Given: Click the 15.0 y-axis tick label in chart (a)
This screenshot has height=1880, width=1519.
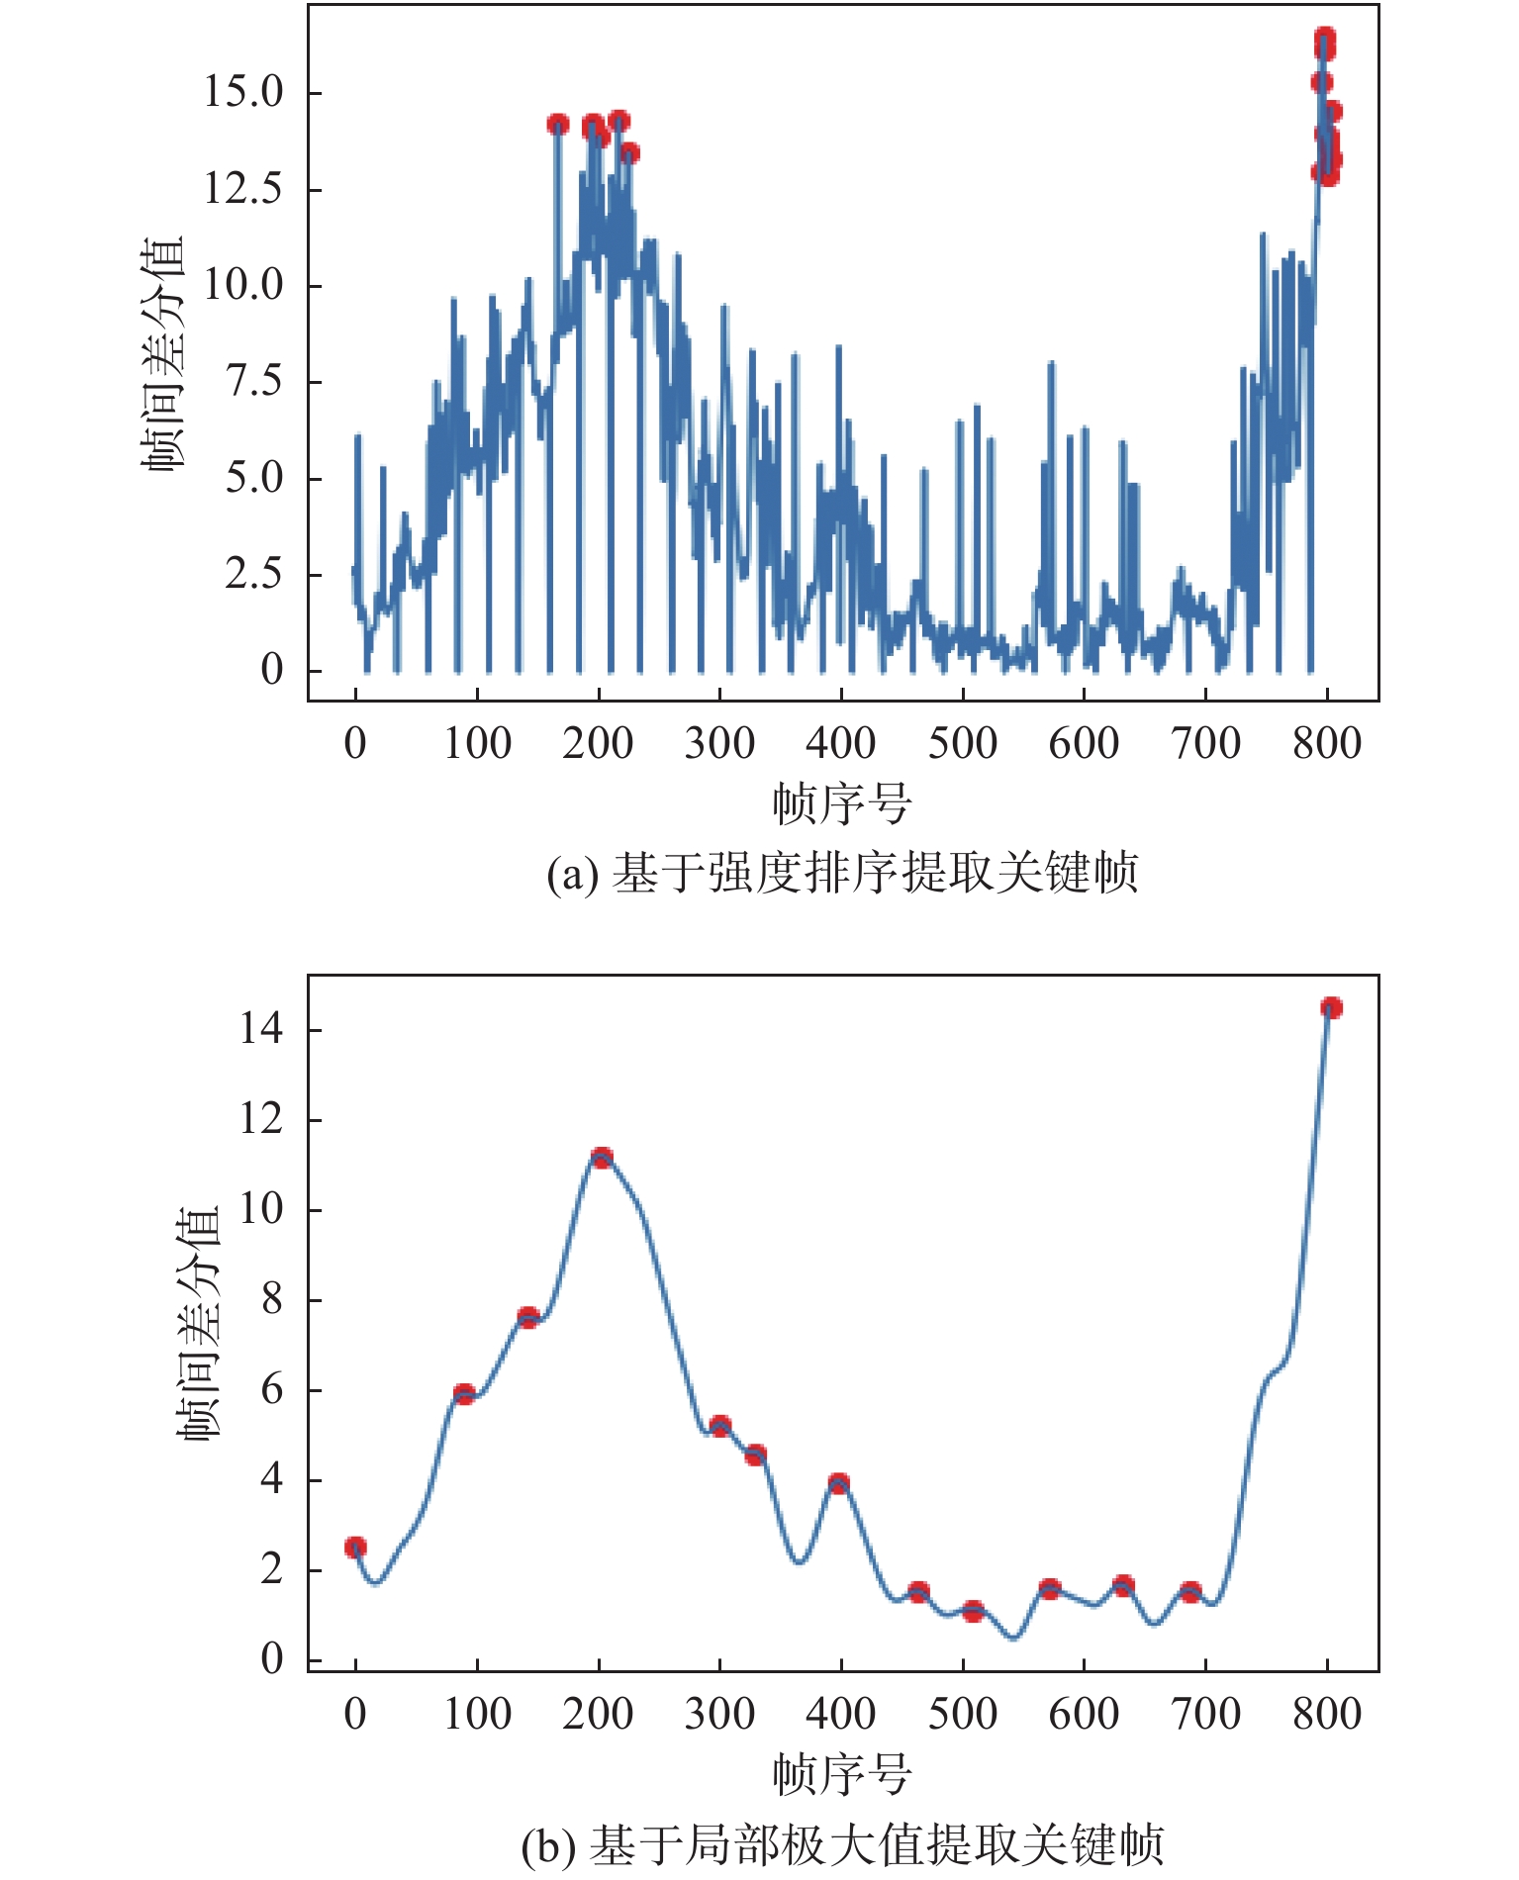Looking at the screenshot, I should coord(242,92).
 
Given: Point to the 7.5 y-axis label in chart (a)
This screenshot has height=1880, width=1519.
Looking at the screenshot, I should coord(254,381).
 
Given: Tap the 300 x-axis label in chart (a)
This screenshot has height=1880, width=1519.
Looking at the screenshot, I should coord(719,743).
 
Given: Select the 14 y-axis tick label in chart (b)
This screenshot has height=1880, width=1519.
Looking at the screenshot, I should coord(261,1029).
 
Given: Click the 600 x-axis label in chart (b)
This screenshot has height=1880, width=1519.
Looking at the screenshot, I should coord(1084,1714).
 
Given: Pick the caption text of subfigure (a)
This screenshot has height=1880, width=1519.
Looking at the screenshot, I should coord(842,873).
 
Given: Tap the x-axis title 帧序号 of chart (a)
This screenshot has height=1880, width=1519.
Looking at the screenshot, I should coord(842,803).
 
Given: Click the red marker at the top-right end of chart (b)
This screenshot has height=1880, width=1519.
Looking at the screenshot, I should coord(1331,1007).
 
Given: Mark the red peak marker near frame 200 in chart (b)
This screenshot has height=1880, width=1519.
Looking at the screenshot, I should coord(602,1158).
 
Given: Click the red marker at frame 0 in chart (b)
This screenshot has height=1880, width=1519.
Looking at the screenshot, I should coord(355,1548).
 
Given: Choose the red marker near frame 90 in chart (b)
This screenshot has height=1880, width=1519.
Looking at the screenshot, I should coord(464,1394).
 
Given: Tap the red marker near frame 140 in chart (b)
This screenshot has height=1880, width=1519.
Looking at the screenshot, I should coord(527,1317).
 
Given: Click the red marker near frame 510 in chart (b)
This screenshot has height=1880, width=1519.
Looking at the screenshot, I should coord(973,1612).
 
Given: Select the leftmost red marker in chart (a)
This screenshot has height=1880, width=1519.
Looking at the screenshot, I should coord(558,125).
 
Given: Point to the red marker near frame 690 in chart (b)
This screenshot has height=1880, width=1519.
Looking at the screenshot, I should coord(1190,1592).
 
